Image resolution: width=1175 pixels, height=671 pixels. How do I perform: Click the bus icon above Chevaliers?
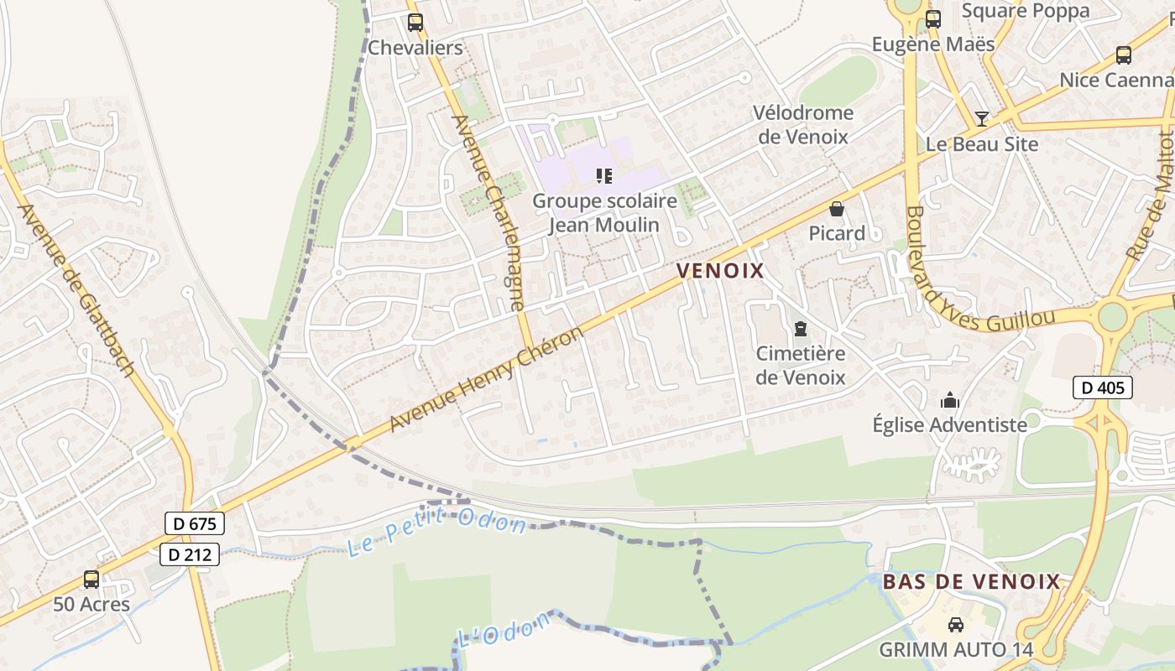click(x=415, y=23)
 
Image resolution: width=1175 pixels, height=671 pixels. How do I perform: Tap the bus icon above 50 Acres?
click(x=91, y=579)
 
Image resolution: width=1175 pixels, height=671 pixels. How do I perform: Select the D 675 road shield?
click(x=195, y=524)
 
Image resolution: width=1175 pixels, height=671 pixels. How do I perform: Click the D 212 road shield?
click(x=190, y=554)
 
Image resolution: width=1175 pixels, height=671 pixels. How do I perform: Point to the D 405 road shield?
click(x=1103, y=388)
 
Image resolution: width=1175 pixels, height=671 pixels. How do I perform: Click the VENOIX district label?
click(x=720, y=271)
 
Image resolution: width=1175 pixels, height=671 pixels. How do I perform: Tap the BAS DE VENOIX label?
click(x=972, y=581)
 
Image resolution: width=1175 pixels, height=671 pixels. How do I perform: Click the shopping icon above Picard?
click(x=836, y=209)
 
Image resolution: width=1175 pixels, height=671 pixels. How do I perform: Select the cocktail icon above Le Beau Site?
click(x=981, y=118)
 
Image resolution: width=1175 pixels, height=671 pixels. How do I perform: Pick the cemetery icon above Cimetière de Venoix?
click(x=800, y=329)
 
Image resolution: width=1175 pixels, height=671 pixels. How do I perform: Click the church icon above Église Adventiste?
click(x=949, y=400)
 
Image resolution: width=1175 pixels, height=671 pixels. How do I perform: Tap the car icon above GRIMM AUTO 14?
click(x=955, y=625)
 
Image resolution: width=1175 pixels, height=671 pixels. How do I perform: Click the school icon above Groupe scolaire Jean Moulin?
click(x=603, y=176)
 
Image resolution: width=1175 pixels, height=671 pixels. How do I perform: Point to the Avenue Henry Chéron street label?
click(x=486, y=380)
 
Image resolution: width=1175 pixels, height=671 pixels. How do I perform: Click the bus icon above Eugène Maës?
click(x=932, y=19)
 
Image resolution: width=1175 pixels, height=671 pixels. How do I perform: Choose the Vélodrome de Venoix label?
click(x=802, y=124)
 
